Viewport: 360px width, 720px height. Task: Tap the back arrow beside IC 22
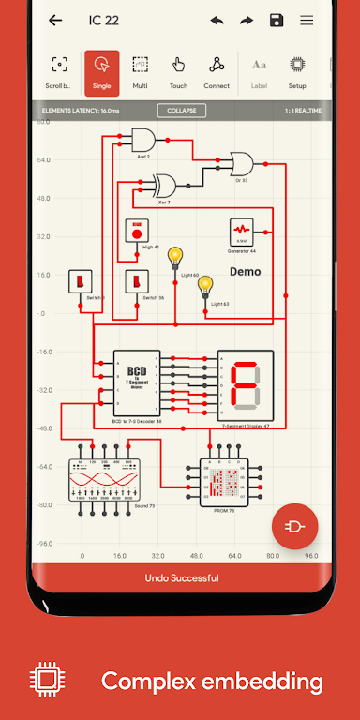55,21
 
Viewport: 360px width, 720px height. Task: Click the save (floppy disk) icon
277,21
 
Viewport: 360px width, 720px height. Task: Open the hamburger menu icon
307,21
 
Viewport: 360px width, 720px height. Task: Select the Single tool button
101,71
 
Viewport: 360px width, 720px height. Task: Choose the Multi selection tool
140,71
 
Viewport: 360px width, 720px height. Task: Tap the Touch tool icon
178,71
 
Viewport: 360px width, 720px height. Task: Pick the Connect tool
217,71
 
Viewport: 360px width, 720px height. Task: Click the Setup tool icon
297,71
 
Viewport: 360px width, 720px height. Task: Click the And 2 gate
144,141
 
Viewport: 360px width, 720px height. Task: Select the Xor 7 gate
166,184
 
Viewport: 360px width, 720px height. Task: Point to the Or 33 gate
247,165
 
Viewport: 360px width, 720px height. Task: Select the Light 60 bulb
175,259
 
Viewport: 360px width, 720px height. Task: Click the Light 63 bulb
205,285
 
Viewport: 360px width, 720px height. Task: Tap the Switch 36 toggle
137,280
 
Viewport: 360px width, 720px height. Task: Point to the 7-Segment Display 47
245,385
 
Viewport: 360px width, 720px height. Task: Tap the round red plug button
294,527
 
